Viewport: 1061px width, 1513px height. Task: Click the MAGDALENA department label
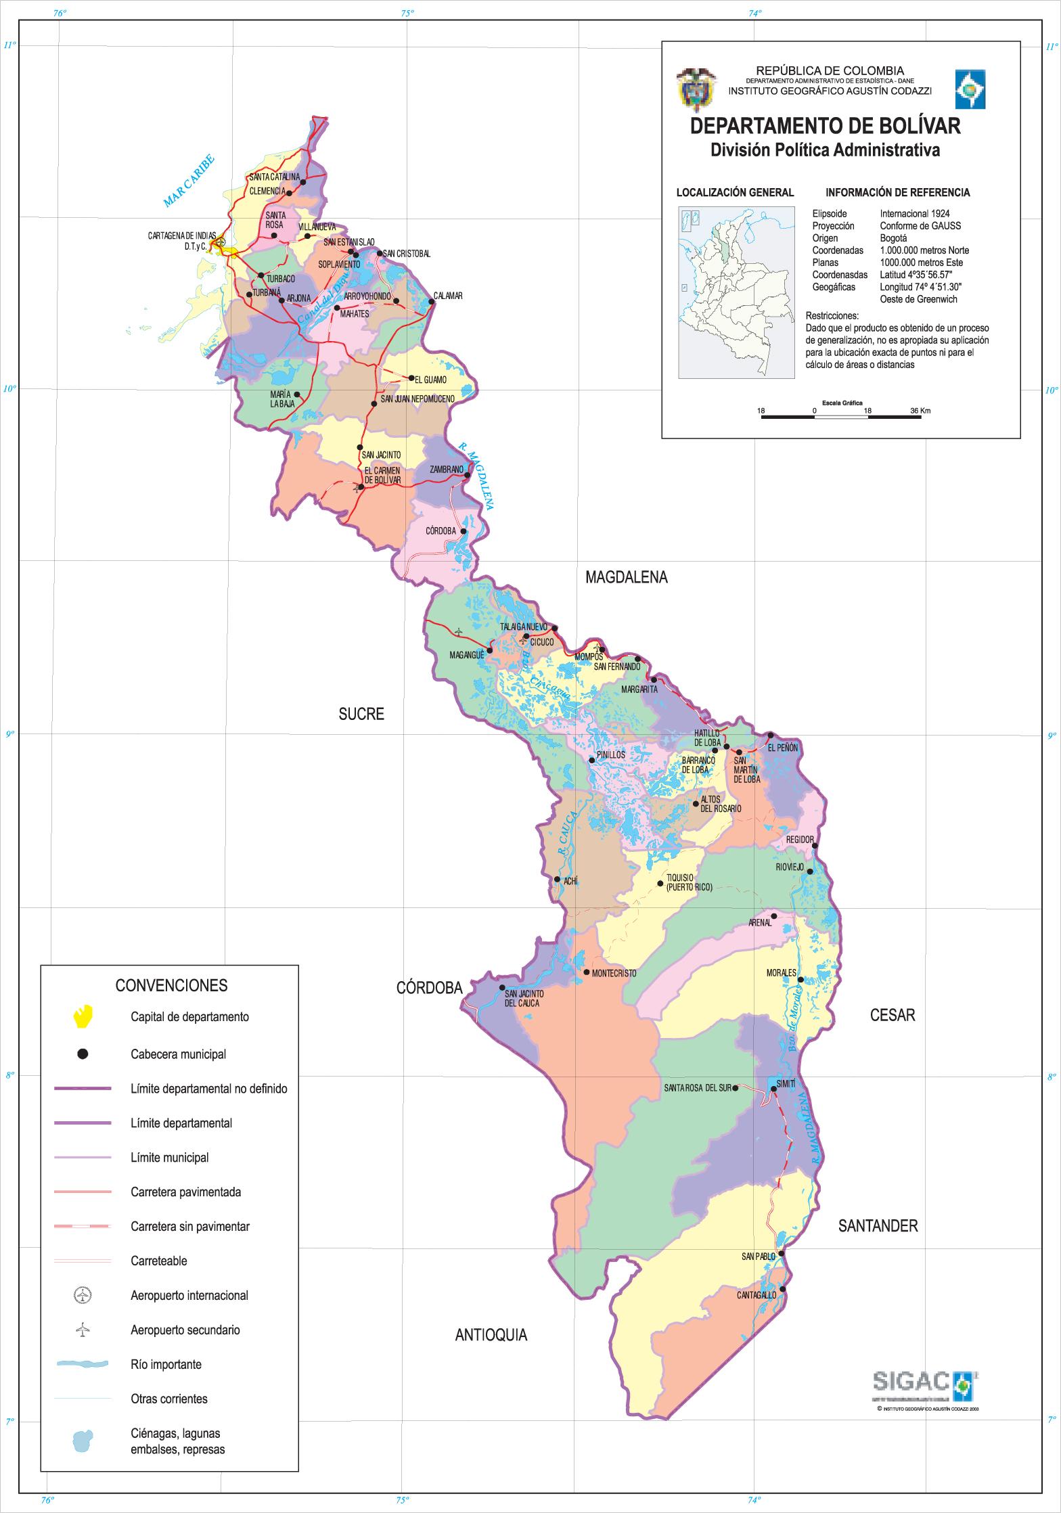point(626,577)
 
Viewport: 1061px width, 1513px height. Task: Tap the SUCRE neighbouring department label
point(361,714)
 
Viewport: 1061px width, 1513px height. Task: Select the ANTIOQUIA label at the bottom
point(491,1335)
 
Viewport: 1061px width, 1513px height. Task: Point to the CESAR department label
point(893,1015)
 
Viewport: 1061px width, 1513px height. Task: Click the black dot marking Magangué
point(490,650)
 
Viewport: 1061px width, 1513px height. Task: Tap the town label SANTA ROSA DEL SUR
point(697,1088)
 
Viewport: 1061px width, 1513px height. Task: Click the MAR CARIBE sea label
point(189,181)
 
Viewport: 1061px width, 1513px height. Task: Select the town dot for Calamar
point(431,302)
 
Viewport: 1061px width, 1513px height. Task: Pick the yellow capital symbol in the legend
point(83,1016)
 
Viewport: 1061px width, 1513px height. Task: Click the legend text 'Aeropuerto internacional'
point(189,1295)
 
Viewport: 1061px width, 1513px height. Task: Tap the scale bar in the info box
point(840,416)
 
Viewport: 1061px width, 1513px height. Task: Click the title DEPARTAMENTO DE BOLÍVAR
point(824,127)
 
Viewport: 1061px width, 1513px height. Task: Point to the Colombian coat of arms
point(695,89)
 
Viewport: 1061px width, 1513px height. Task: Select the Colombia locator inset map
point(736,292)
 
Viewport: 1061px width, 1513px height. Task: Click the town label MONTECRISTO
point(614,973)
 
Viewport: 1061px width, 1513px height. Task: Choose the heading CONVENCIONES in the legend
point(171,985)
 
